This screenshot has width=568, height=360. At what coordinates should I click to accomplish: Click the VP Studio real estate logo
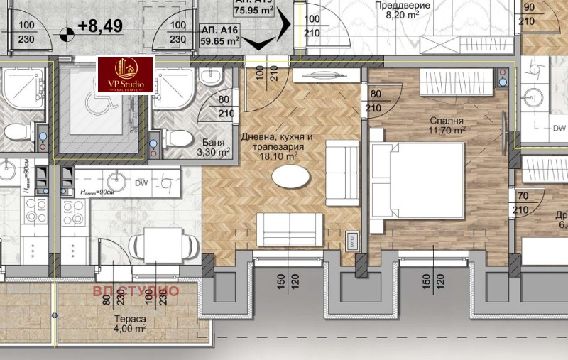tap(126, 76)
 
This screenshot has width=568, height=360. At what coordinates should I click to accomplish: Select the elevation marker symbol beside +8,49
tap(67, 32)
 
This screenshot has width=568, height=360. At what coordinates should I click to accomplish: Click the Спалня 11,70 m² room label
tap(447, 126)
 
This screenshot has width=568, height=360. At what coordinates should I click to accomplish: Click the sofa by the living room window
tap(290, 228)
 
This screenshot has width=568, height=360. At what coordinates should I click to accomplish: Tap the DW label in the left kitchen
tap(141, 182)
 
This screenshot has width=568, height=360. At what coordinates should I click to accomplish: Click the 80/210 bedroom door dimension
tap(376, 101)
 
